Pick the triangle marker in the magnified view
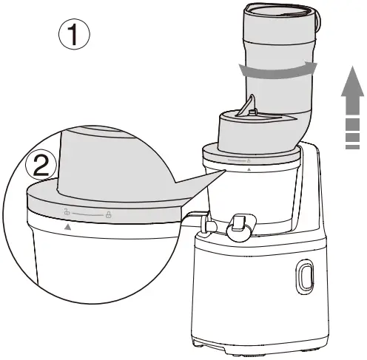click(68, 228)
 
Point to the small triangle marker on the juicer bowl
click(248, 169)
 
